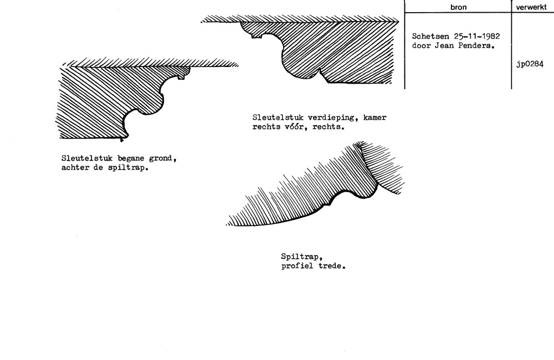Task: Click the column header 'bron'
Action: (458, 7)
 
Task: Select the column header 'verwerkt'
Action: (531, 7)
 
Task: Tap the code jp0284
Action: (530, 64)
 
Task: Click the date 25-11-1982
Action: (477, 37)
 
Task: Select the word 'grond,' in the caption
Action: (163, 158)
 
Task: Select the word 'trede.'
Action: (332, 266)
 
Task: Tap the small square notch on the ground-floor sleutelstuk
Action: (181, 76)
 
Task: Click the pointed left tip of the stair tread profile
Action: (227, 224)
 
